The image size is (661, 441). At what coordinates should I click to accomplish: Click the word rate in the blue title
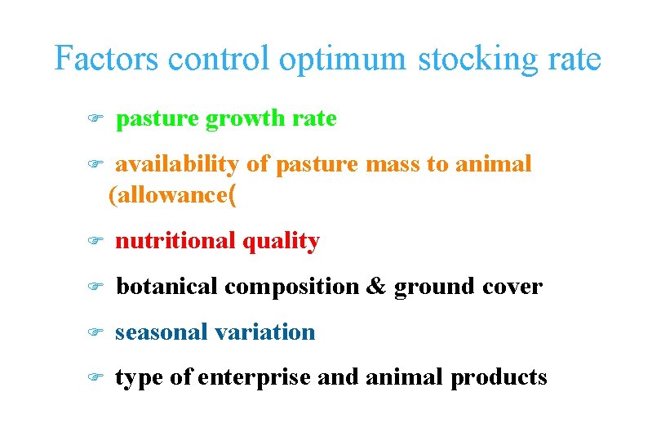pyautogui.click(x=571, y=59)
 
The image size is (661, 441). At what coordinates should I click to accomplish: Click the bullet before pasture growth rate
pyautogui.click(x=92, y=119)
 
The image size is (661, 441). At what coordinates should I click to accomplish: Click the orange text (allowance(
pyautogui.click(x=173, y=195)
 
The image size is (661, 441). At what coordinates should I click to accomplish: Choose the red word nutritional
pyautogui.click(x=172, y=242)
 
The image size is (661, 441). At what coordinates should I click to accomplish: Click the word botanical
pyautogui.click(x=167, y=287)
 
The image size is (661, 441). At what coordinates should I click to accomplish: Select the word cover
pyautogui.click(x=512, y=287)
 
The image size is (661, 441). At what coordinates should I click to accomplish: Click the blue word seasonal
pyautogui.click(x=160, y=332)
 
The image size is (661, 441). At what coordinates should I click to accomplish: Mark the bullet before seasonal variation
pyautogui.click(x=92, y=332)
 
